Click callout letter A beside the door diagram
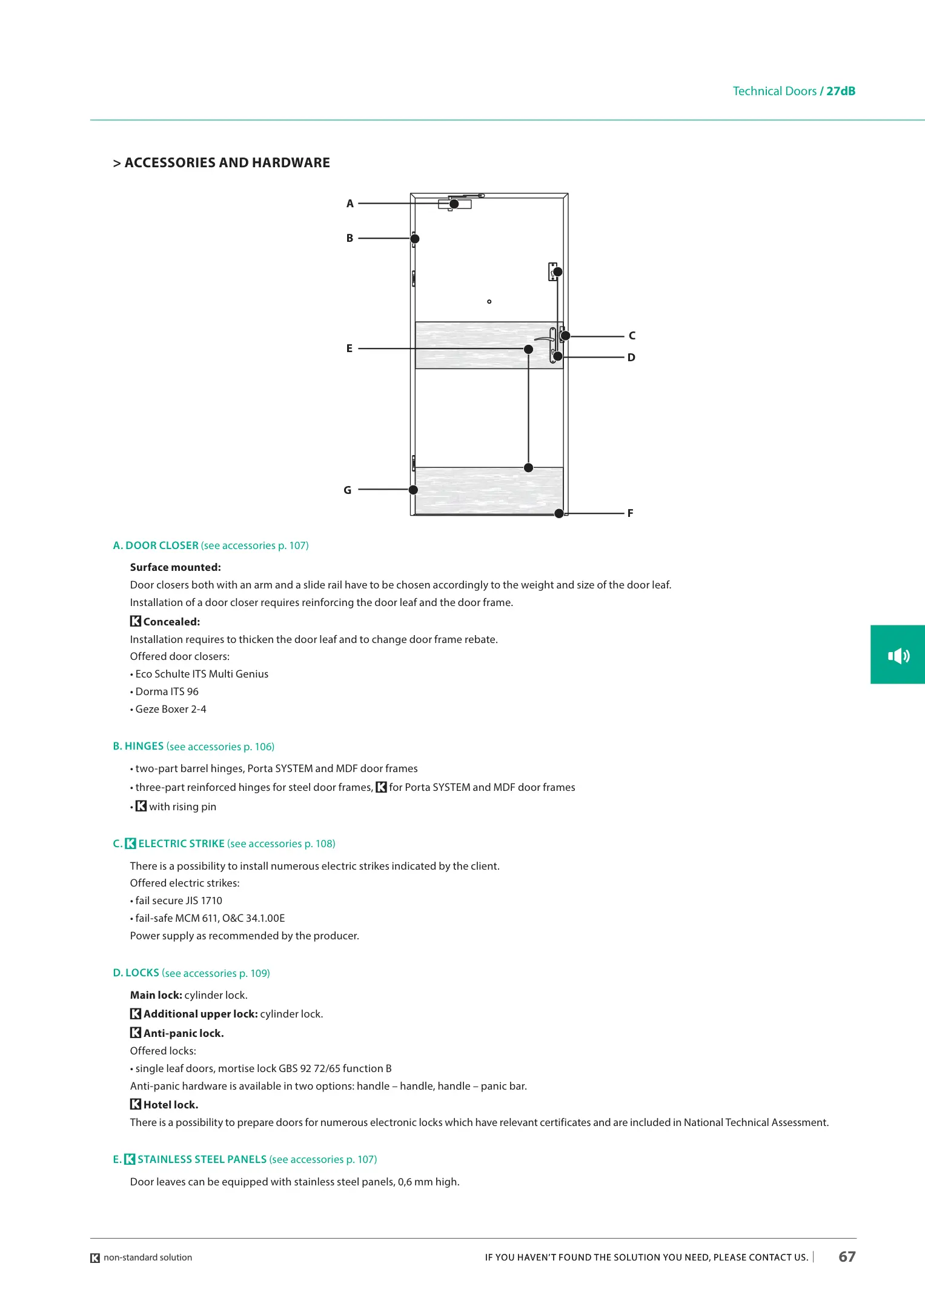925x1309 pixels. coord(350,204)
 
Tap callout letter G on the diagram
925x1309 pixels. coord(348,490)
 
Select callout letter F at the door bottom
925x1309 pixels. coord(630,513)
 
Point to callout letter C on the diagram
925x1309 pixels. coord(632,336)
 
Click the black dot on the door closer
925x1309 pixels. coord(454,204)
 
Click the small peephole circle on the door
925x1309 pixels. coord(489,301)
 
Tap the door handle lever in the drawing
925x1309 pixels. coord(543,339)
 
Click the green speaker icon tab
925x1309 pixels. coord(898,655)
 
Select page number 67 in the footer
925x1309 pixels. coord(847,1257)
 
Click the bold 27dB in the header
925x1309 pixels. coord(841,92)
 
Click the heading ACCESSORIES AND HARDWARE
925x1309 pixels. coord(227,163)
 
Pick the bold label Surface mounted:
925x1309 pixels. coord(176,567)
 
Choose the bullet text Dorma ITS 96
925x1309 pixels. coord(167,691)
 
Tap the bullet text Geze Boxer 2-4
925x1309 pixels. coord(170,709)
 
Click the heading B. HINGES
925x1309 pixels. coord(138,747)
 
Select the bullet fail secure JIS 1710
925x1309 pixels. coord(178,901)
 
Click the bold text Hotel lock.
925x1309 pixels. coord(171,1105)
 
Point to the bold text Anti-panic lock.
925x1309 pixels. coord(184,1033)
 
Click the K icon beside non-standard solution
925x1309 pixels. coord(95,1258)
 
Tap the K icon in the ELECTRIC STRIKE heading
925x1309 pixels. coord(130,844)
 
